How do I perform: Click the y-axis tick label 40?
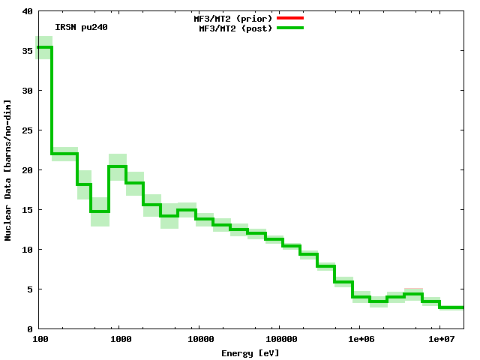click(27, 11)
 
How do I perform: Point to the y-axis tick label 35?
click(27, 51)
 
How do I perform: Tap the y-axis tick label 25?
click(27, 130)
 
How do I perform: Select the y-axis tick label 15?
click(27, 210)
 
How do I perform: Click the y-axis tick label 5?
click(29, 289)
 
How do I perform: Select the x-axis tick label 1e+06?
click(359, 340)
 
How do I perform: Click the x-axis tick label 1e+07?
click(439, 340)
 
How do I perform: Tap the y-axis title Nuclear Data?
click(8, 169)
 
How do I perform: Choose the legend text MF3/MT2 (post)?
click(235, 28)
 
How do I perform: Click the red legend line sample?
click(289, 17)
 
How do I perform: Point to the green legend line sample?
click(289, 28)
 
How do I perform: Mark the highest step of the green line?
click(44, 47)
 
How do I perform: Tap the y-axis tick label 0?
click(29, 329)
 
